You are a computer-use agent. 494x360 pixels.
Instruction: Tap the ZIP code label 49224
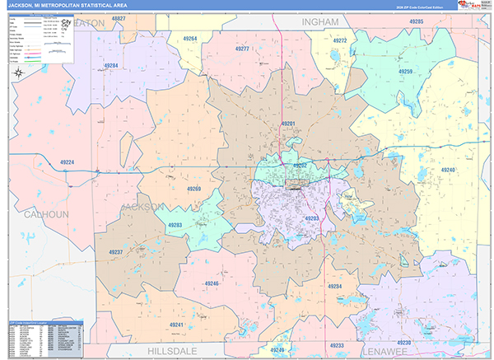68,163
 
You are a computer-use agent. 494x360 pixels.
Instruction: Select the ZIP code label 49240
447,170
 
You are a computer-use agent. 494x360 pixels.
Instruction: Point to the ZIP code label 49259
405,72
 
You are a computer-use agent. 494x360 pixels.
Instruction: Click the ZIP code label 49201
288,124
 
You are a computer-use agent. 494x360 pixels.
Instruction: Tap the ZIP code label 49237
116,252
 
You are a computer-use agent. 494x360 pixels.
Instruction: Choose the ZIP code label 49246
212,283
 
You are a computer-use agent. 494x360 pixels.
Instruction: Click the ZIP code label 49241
176,325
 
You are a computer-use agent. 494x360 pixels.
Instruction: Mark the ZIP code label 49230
403,342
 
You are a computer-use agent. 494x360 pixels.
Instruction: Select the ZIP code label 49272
340,40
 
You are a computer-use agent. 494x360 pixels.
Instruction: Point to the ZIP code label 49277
242,49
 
